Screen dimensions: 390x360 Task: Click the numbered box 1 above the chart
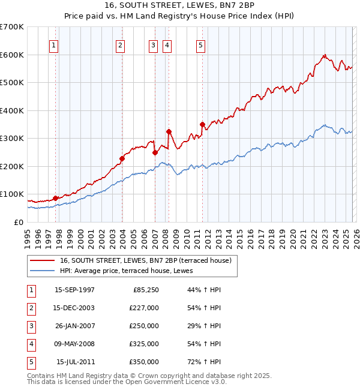pos(54,44)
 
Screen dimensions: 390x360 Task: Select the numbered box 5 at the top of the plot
pos(200,44)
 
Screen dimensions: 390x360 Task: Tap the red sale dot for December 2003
pos(122,158)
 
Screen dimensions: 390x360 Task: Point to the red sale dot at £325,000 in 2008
pos(169,131)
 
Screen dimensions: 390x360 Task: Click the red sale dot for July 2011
pos(202,124)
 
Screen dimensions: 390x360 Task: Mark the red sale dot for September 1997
pos(56,198)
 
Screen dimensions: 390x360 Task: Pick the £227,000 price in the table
pos(144,308)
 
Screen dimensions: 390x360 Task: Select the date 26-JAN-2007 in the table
pos(74,326)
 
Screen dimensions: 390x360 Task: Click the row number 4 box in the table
pos(30,344)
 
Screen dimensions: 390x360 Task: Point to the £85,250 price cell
pos(144,290)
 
